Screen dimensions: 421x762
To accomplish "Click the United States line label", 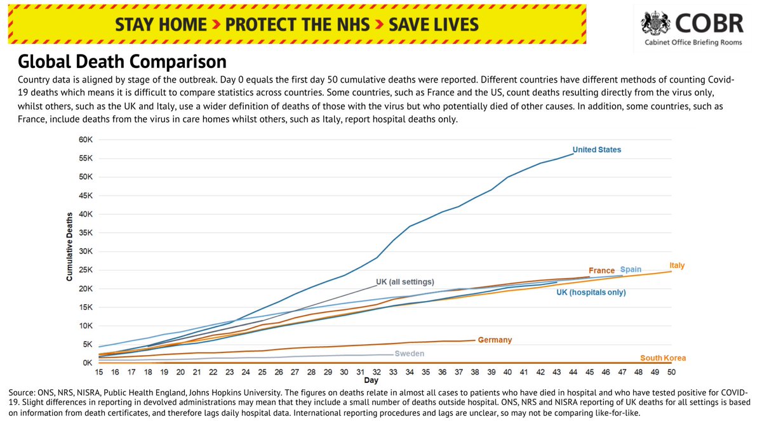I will pyautogui.click(x=596, y=150).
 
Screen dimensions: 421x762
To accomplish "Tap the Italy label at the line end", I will pyautogui.click(x=677, y=265).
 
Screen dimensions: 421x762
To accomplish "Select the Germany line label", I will pyautogui.click(x=495, y=340).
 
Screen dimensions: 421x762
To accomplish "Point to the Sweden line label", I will pyautogui.click(x=409, y=354).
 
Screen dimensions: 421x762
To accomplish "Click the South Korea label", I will pyautogui.click(x=663, y=358).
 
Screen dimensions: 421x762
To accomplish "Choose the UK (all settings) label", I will pyautogui.click(x=404, y=281).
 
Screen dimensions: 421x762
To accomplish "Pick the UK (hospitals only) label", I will pyautogui.click(x=591, y=293).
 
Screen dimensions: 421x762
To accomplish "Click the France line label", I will pyautogui.click(x=601, y=271).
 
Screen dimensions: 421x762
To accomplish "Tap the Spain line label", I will pyautogui.click(x=631, y=269).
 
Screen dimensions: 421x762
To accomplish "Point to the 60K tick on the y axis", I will pyautogui.click(x=85, y=140).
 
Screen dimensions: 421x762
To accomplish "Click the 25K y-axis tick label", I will pyautogui.click(x=85, y=270).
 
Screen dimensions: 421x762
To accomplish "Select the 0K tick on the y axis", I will pyautogui.click(x=87, y=363).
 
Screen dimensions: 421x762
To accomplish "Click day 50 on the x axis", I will pyautogui.click(x=671, y=371).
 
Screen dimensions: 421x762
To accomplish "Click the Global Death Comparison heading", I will pyautogui.click(x=122, y=62).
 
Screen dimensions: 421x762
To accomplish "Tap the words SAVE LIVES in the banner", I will pyautogui.click(x=434, y=25).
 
